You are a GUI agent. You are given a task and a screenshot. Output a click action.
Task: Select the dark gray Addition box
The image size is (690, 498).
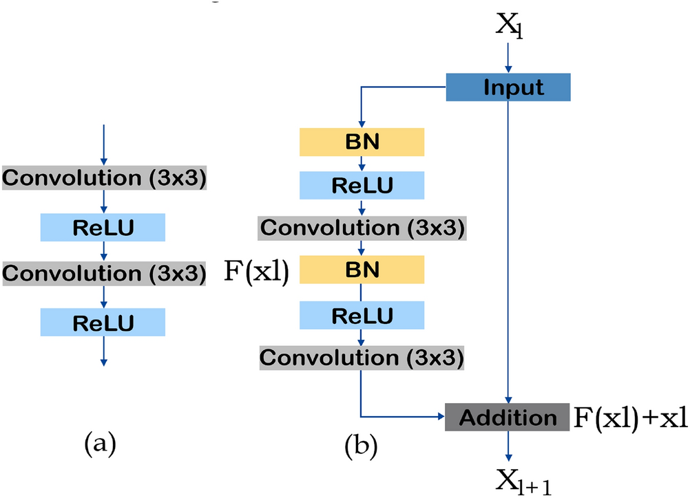pos(508,418)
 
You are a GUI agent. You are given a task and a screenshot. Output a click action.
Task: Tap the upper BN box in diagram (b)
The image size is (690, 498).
pos(362,142)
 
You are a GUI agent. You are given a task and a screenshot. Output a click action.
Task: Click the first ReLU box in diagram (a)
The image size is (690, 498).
pos(103,227)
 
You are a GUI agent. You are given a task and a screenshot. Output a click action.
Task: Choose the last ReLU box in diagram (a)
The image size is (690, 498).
pos(103,321)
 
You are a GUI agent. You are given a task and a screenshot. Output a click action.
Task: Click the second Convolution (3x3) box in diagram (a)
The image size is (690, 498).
pos(103,274)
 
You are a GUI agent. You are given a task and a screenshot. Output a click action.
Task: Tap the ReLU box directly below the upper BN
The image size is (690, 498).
pos(362,185)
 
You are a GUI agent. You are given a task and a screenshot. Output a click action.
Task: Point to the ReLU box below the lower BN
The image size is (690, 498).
pos(362,315)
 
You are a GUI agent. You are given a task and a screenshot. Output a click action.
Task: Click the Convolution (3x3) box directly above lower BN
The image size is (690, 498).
pos(362,227)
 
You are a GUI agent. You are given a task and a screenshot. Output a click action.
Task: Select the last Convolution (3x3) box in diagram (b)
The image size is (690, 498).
pos(362,358)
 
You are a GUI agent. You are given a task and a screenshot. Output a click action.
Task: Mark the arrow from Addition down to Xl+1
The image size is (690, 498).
pos(508,446)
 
